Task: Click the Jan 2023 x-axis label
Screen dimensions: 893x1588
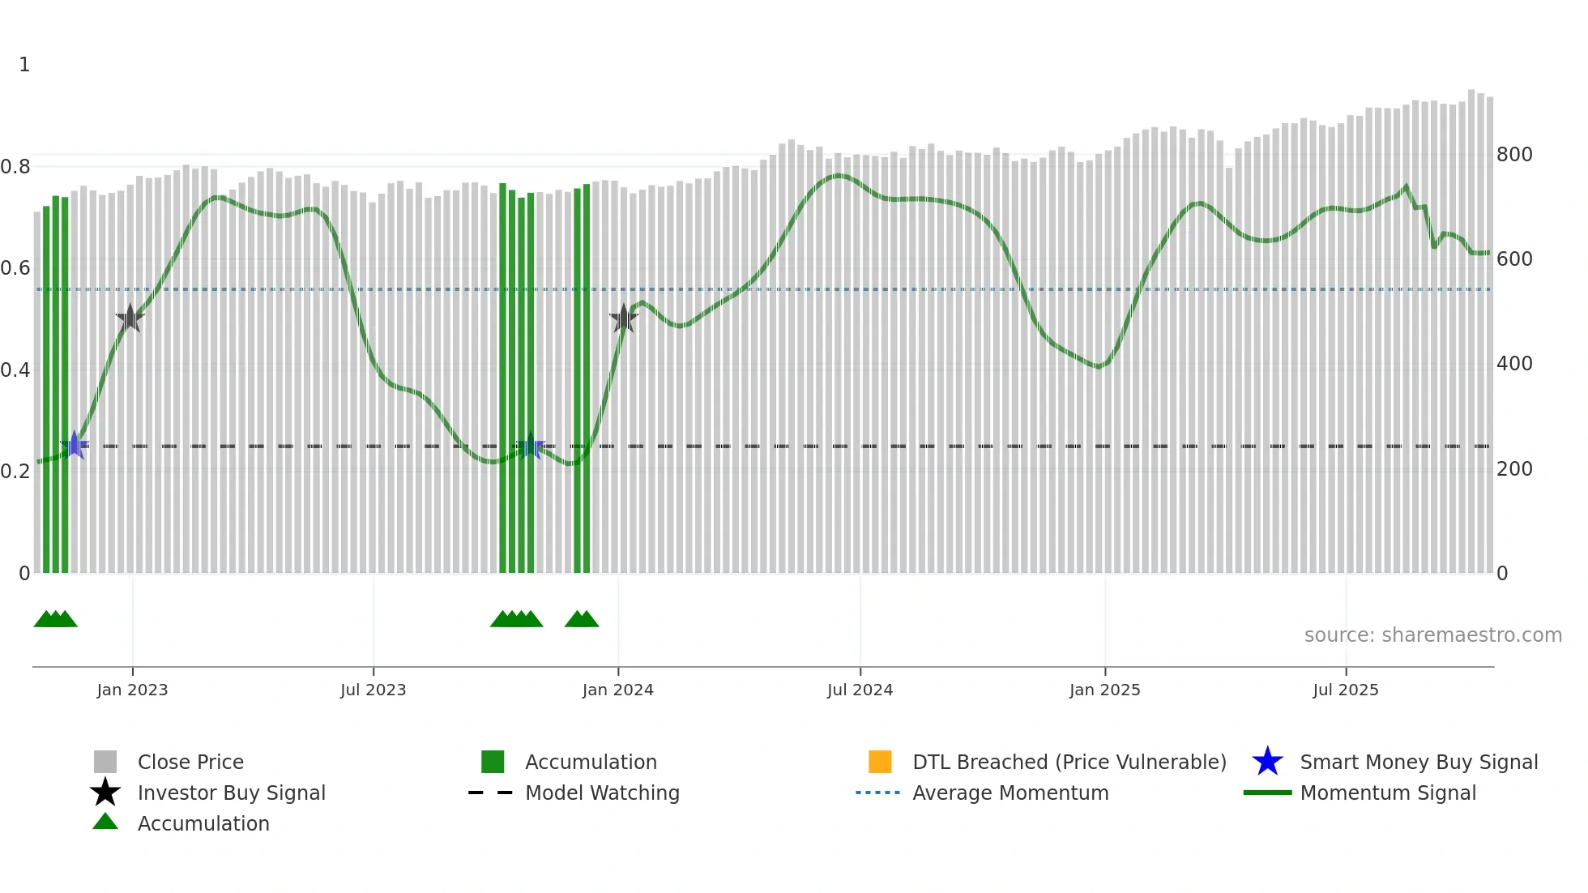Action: point(132,690)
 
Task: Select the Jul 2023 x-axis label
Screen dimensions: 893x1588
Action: point(373,690)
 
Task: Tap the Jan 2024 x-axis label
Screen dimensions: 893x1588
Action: point(617,690)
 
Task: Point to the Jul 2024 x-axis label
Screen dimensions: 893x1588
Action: point(860,690)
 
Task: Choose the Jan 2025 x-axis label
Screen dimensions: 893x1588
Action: point(1104,690)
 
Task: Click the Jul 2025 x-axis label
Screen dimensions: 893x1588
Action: point(1345,690)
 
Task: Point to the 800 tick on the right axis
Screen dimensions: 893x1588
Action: point(1514,155)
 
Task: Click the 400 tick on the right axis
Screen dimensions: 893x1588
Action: point(1514,364)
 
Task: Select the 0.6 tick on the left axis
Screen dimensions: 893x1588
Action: point(15,268)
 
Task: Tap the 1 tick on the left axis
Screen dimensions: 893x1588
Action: point(24,65)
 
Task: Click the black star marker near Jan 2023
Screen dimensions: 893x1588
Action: point(130,318)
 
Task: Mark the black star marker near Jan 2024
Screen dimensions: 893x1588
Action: point(624,318)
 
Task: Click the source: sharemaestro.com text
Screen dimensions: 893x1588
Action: point(1432,635)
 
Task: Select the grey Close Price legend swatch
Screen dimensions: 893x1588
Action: point(105,762)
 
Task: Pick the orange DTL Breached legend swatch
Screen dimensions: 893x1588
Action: point(880,762)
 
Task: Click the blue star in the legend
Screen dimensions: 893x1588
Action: point(1267,762)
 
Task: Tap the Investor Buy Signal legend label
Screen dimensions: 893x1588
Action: point(232,793)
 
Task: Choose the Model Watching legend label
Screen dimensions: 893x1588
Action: point(602,793)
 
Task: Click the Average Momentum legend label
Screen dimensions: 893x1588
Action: point(1010,793)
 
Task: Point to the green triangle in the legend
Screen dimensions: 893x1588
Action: point(105,822)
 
